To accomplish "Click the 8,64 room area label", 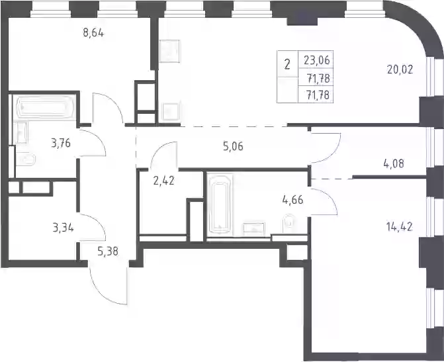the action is click(x=93, y=33).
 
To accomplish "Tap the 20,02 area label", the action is click(x=400, y=69).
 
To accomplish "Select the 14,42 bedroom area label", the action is click(x=399, y=227).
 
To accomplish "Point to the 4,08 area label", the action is click(x=393, y=163).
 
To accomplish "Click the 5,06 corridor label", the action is click(x=233, y=147).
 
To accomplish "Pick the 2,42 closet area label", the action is click(x=163, y=181).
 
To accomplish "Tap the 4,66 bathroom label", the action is click(x=292, y=200).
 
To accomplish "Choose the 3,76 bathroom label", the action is click(x=61, y=144).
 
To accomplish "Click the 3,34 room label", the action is click(x=63, y=228).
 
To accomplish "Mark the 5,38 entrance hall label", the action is click(x=108, y=251).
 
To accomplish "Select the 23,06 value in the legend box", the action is click(x=317, y=60).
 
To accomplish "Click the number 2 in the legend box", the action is click(x=287, y=65).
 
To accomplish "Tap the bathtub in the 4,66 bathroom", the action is click(x=220, y=204).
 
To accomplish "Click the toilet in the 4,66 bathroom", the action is click(x=289, y=224).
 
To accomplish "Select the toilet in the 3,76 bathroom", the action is click(x=25, y=159).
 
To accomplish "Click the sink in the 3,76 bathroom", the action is click(x=20, y=132).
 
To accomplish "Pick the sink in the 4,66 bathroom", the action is click(x=253, y=229).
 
